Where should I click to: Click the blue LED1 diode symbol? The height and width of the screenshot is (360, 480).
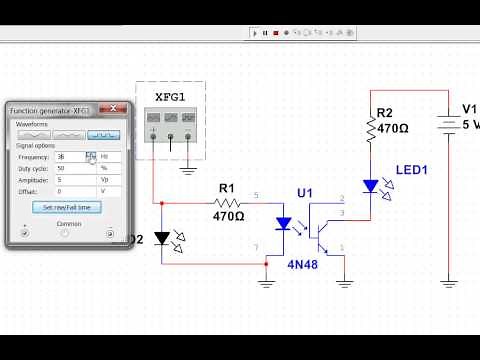370,186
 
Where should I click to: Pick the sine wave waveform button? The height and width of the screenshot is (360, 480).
36,134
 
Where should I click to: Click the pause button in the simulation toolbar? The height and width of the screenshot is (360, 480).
264,33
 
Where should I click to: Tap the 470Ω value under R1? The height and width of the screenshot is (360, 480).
228,215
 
